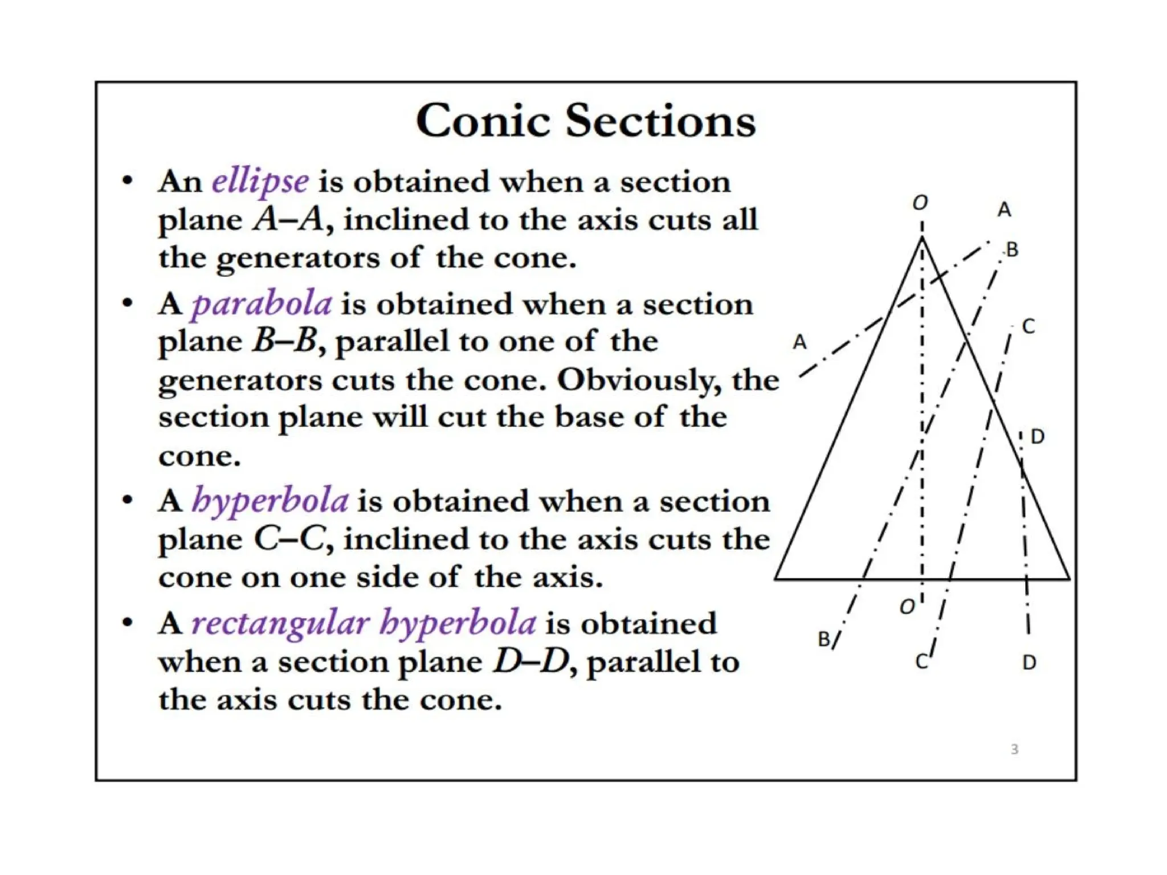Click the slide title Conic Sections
pos(585,121)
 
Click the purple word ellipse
pos(260,182)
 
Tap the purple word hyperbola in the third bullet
pos(270,501)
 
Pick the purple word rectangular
pos(280,623)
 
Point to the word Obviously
pos(639,379)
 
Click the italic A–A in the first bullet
pos(290,219)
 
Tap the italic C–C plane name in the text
pos(290,539)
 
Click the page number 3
pos(1014,750)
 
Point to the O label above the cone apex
pos(920,202)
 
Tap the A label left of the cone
pos(799,342)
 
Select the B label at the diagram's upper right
pos(1012,250)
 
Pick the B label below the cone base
pos(824,639)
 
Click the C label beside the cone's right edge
pos(1028,326)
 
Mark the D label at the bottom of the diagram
pos(1029,663)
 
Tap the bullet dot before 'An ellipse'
pos(128,182)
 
